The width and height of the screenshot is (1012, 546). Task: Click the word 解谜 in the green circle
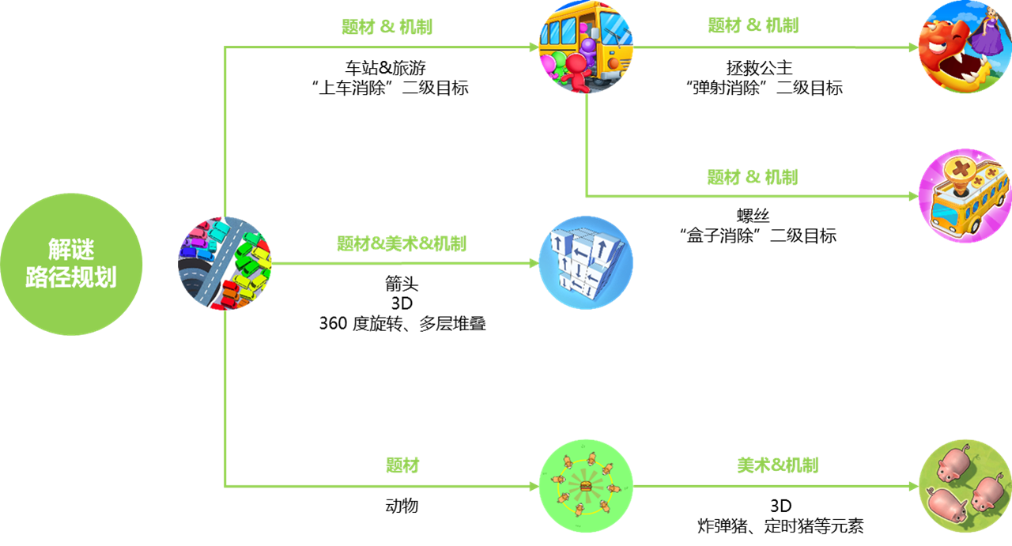coord(71,250)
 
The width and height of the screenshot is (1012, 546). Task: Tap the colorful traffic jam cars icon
coord(225,263)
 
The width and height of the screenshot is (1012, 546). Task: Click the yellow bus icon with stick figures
coord(586,47)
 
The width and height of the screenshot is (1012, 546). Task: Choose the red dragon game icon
coord(965,47)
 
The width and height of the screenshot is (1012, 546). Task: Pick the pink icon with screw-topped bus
coord(965,196)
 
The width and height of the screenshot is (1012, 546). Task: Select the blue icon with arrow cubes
coord(586,263)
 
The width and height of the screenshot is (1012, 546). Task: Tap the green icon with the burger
coord(586,486)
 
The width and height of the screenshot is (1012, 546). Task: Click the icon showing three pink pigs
coord(965,486)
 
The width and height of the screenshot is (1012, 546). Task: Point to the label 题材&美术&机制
coord(402,243)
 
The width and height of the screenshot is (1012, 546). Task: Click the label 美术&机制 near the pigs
coord(777,465)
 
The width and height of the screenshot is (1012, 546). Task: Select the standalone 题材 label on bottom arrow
coord(402,465)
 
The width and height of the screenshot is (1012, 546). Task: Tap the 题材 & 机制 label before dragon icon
coord(753,25)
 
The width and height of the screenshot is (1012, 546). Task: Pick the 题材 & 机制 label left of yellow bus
coord(387,26)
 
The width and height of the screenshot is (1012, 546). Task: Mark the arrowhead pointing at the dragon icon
coord(913,47)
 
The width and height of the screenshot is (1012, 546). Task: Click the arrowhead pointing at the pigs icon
coord(913,486)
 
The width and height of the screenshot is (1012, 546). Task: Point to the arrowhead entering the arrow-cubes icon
coord(534,263)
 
